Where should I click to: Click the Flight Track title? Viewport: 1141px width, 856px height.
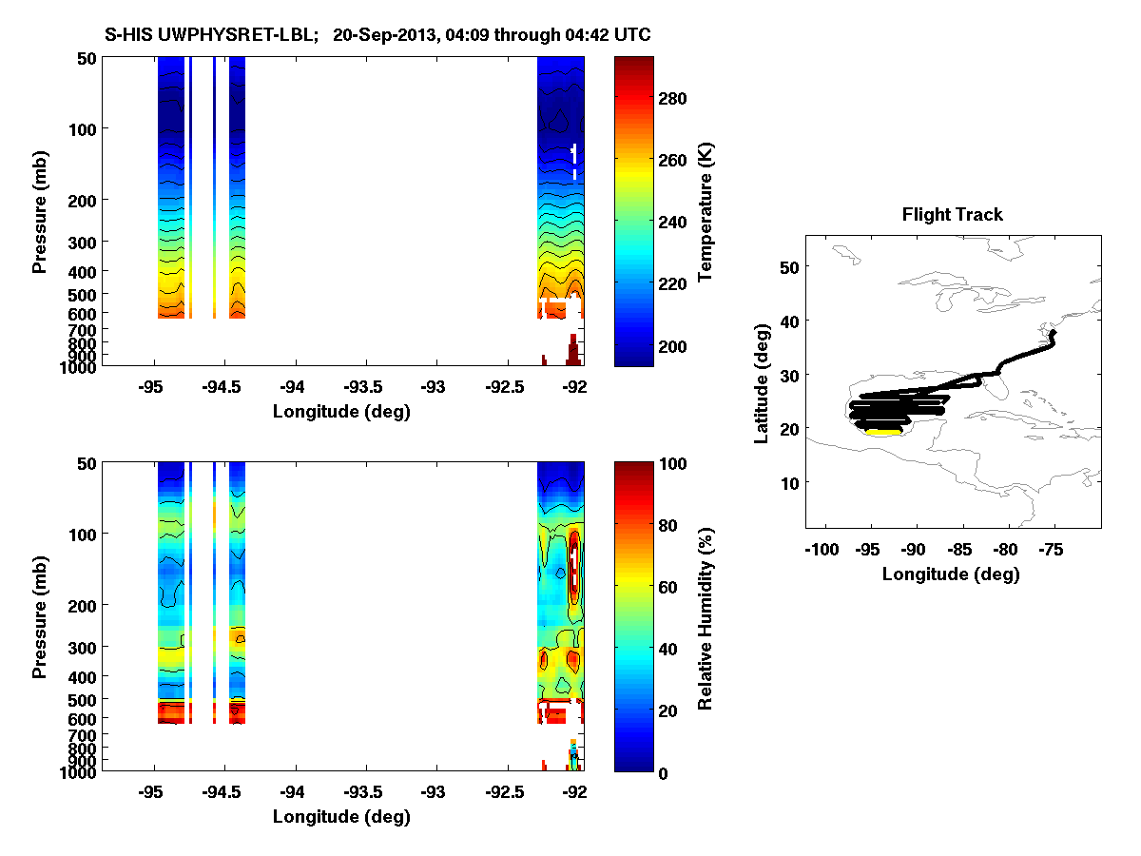click(x=952, y=215)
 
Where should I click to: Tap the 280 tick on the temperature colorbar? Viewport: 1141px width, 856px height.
click(x=673, y=98)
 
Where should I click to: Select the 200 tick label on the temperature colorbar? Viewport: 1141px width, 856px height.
click(x=673, y=345)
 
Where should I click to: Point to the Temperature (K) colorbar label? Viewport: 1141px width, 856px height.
click(x=706, y=211)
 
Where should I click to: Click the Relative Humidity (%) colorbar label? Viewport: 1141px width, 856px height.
click(x=706, y=616)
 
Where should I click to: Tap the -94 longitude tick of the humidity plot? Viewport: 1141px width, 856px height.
click(x=294, y=792)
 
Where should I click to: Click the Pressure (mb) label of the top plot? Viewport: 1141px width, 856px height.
click(x=40, y=210)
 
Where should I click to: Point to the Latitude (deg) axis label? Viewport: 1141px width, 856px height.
click(x=762, y=381)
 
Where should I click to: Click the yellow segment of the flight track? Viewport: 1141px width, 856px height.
click(x=883, y=432)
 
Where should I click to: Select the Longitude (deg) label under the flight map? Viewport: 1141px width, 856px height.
click(x=951, y=574)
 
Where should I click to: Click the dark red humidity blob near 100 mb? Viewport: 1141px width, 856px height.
click(x=573, y=568)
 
